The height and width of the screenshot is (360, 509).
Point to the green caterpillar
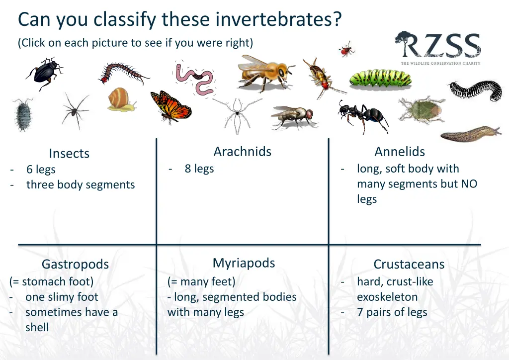tap(380, 78)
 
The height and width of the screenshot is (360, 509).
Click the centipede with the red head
tap(124, 74)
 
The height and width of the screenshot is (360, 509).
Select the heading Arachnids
tap(242, 152)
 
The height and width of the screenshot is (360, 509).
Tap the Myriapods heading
tap(244, 263)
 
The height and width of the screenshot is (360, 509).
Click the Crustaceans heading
tap(409, 264)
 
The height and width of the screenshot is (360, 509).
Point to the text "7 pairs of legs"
tap(392, 312)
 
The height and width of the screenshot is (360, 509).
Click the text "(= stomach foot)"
tap(51, 281)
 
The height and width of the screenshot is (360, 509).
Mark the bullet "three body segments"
tap(81, 184)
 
